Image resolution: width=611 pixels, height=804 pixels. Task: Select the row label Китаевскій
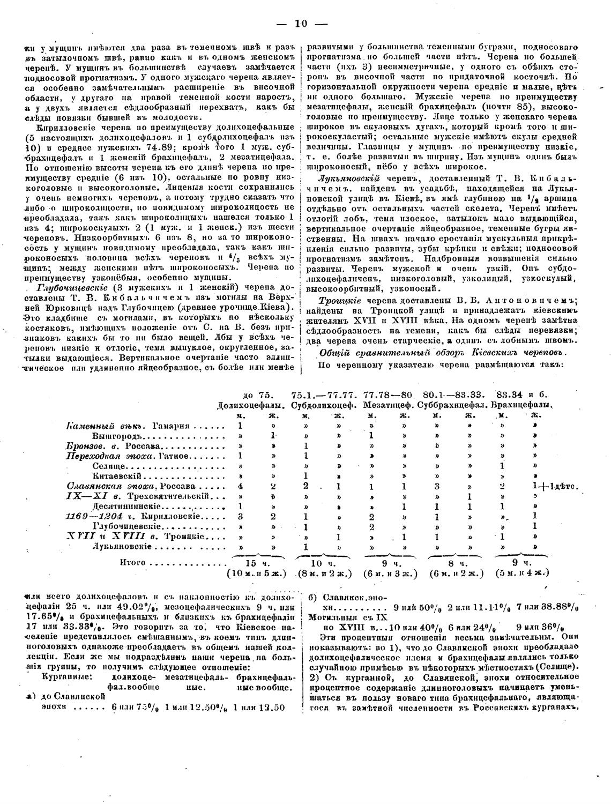pos(117,475)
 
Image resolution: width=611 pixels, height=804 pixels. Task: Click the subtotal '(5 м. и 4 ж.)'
pos(523,572)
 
